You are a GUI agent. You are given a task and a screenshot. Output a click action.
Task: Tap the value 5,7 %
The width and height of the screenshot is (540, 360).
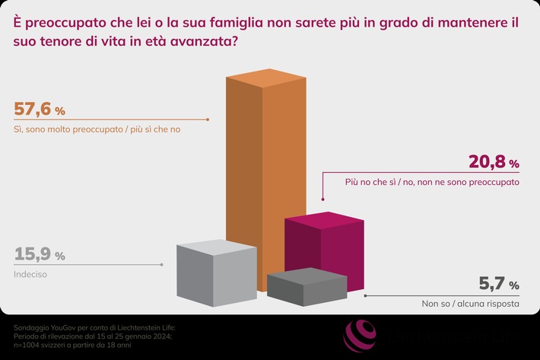pyautogui.click(x=498, y=285)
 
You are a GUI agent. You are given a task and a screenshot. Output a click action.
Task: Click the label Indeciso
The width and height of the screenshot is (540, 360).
pyautogui.click(x=30, y=273)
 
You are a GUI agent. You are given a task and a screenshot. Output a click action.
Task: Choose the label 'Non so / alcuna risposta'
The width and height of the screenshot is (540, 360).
pyautogui.click(x=470, y=304)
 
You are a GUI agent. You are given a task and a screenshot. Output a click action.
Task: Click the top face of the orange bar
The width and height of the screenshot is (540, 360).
pyautogui.click(x=265, y=83)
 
